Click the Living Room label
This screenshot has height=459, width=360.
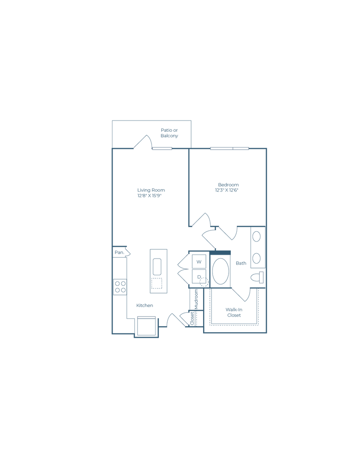click(151, 190)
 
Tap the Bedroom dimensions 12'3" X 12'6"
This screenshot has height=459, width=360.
click(227, 190)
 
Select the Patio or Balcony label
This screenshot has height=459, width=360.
click(169, 133)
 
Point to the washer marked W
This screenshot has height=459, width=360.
click(199, 262)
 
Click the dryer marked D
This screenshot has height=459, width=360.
click(199, 277)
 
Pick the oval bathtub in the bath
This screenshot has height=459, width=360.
click(221, 271)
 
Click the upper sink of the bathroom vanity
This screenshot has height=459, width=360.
click(256, 237)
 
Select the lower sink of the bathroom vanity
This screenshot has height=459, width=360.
click(256, 259)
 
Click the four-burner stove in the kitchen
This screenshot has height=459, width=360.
click(120, 287)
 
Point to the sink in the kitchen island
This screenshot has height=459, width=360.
click(157, 267)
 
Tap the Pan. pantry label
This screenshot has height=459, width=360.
click(119, 252)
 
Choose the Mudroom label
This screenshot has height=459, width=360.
click(196, 299)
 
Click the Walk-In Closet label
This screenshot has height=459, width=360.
click(234, 312)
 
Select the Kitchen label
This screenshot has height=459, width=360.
click(145, 305)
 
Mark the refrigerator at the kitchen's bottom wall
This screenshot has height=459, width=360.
click(146, 326)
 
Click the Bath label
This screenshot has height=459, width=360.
click(241, 263)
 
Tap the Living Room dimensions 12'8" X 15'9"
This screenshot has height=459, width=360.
click(150, 195)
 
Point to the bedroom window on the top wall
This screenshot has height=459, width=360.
click(230, 148)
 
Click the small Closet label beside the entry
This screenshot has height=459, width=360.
click(192, 318)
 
